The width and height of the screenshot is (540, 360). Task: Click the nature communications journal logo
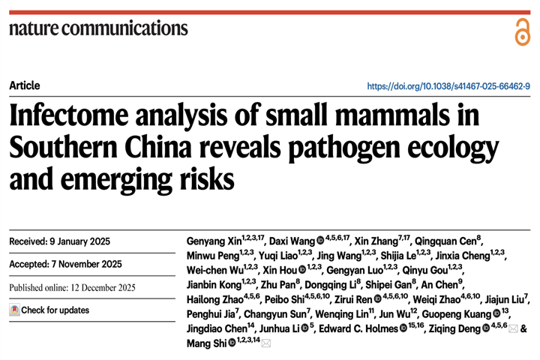98,28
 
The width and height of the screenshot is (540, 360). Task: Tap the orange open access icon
521,31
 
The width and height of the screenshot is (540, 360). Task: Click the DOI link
448,86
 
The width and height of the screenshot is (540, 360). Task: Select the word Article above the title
25,85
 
